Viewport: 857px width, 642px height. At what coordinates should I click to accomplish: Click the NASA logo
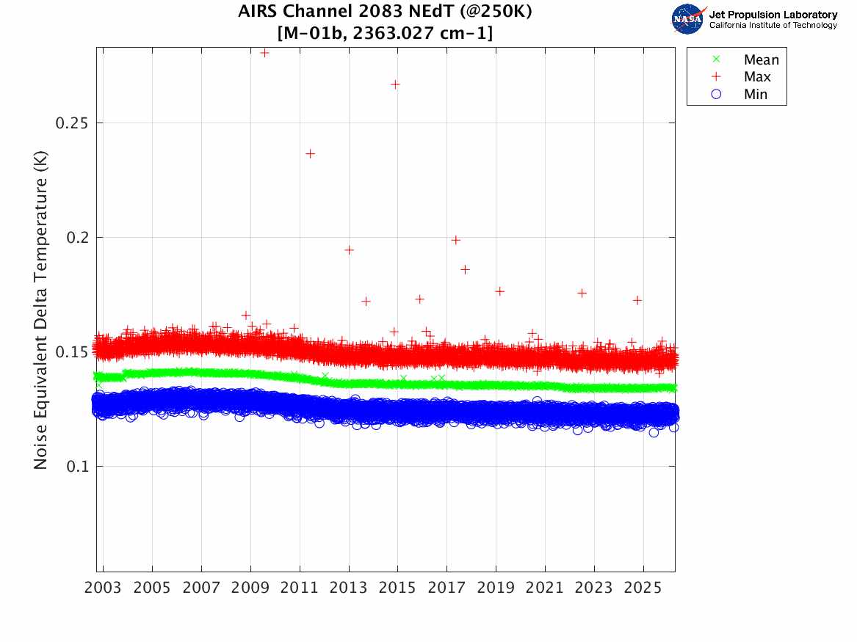click(688, 19)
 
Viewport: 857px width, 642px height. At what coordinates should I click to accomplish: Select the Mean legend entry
click(761, 60)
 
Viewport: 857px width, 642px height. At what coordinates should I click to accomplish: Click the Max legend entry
click(756, 77)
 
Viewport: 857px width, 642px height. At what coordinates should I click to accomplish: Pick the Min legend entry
click(755, 95)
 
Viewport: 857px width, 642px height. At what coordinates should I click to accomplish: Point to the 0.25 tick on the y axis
click(73, 123)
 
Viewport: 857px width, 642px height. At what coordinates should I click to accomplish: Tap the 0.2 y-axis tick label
click(77, 237)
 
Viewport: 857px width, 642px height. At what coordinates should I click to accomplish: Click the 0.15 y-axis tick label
click(73, 351)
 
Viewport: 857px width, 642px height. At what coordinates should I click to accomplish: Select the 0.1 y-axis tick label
click(77, 466)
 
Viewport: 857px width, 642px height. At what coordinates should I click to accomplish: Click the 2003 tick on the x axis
click(104, 588)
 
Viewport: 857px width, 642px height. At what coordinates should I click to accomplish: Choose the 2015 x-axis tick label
click(398, 588)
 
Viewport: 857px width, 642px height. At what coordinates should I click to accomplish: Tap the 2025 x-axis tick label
click(643, 588)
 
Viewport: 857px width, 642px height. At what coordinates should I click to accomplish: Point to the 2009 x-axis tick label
click(250, 588)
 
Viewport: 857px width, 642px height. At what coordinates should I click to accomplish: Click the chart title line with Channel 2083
click(385, 12)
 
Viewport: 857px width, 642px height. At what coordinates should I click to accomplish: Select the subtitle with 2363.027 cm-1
click(385, 33)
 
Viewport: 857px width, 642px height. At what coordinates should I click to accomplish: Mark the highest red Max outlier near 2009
click(265, 53)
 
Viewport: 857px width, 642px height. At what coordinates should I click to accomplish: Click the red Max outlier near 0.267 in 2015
click(395, 84)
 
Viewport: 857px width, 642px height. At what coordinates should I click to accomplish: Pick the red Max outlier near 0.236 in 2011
click(311, 153)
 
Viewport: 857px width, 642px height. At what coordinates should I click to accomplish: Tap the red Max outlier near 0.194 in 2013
click(350, 250)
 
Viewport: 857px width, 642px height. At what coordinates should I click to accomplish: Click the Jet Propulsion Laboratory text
click(773, 15)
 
